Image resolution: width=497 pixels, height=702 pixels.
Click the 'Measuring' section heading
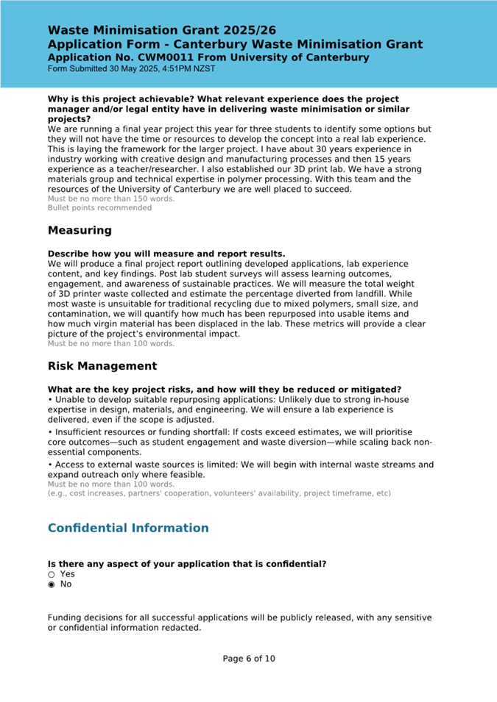click(x=80, y=231)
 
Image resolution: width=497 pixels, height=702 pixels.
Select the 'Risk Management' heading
click(x=102, y=366)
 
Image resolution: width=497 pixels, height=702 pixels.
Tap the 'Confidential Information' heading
click(x=128, y=529)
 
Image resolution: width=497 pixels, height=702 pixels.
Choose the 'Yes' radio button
click(x=52, y=574)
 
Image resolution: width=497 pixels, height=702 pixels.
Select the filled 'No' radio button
click(x=52, y=584)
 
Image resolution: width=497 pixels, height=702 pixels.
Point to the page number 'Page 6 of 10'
click(x=249, y=659)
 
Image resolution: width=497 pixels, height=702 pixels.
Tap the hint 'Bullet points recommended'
click(x=99, y=208)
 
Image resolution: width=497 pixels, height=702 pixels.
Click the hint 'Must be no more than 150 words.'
click(x=111, y=198)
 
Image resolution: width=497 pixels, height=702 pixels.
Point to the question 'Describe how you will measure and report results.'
click(x=166, y=254)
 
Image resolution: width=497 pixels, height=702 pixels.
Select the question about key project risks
click(x=225, y=390)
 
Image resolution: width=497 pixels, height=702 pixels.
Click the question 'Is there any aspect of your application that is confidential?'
click(x=187, y=564)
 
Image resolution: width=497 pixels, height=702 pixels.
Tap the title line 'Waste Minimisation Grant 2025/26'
click(x=162, y=30)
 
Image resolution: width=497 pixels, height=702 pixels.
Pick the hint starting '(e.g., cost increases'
click(x=219, y=493)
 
